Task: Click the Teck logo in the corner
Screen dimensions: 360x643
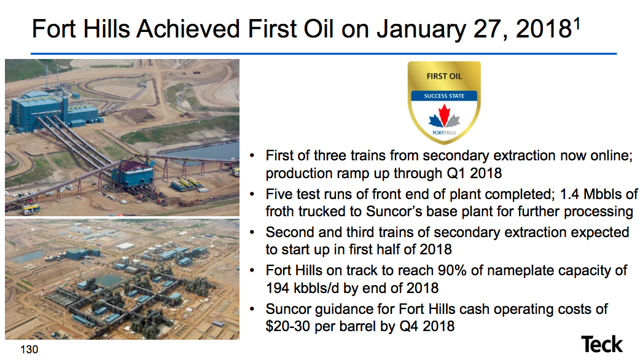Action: [x=602, y=344]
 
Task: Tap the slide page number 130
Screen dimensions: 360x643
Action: [x=29, y=350]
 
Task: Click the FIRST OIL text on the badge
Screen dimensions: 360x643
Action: [x=444, y=77]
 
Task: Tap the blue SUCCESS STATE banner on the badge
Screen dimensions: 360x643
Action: [x=444, y=96]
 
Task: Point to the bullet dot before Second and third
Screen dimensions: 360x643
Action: [x=253, y=233]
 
